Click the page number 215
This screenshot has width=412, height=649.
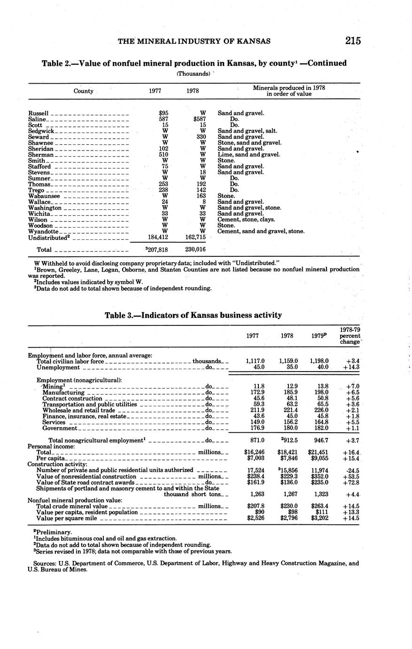352,40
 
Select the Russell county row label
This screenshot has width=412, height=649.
39,113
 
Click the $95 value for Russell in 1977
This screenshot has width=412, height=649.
163,113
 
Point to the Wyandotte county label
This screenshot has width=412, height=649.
43,231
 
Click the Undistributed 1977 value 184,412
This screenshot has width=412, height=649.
158,237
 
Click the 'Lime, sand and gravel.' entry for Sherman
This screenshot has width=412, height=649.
249,155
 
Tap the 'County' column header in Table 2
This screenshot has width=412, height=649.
84,91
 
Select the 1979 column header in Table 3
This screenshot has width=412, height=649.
319,336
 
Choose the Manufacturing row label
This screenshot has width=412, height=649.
63,392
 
